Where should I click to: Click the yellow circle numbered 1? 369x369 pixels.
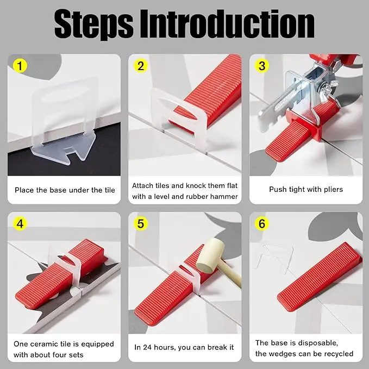click(20, 66)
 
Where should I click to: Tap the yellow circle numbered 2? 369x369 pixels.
click(141, 66)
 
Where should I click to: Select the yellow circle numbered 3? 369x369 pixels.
click(262, 66)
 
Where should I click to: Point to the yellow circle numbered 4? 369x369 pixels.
click(20, 223)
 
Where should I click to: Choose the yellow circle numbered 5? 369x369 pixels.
click(141, 223)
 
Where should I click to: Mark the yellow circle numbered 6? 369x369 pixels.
click(262, 223)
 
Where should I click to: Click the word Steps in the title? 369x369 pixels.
click(93, 24)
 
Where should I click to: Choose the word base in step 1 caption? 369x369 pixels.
click(56, 190)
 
